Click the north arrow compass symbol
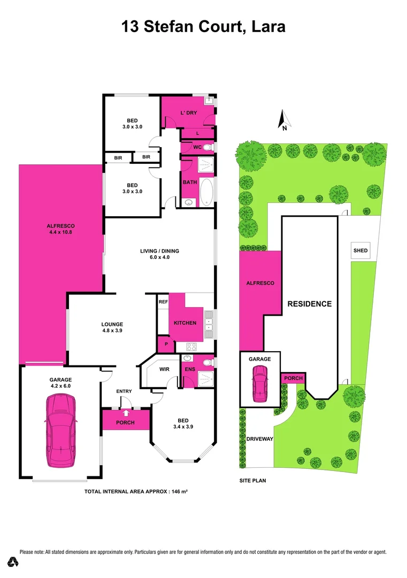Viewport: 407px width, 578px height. point(284,120)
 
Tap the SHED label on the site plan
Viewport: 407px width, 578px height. point(360,250)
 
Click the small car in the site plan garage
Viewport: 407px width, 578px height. point(260,384)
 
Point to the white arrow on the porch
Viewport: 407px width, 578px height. point(126,413)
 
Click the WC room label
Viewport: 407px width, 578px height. point(197,147)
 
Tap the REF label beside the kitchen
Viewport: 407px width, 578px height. point(163,302)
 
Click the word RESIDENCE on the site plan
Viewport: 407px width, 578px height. point(310,303)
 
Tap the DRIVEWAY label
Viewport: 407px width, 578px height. point(260,439)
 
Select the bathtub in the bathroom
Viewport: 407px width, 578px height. point(206,191)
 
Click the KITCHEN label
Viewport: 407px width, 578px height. point(185,323)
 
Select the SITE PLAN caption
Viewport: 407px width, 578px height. point(252,481)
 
